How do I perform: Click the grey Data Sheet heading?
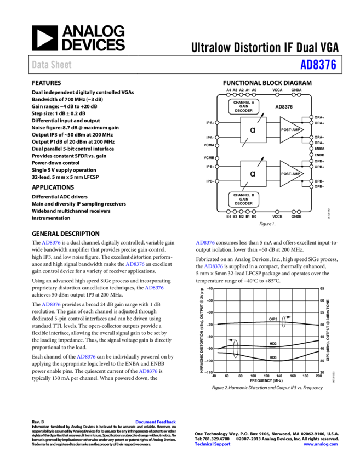tap(52, 65)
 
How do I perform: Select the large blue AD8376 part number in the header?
tap(318, 65)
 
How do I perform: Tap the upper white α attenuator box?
tap(253, 130)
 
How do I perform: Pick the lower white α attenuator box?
tap(253, 174)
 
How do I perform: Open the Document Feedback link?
tap(156, 422)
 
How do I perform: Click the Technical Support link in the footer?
tap(213, 444)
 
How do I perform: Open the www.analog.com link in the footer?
tap(321, 444)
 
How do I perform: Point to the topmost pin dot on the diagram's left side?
tap(217, 123)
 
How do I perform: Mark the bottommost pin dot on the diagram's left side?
tap(217, 181)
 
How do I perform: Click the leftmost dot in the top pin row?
tap(228, 95)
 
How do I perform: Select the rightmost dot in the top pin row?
tap(299, 95)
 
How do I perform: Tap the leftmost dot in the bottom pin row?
tap(228, 212)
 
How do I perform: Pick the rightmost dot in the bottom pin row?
tap(299, 212)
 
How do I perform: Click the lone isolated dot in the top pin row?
tap(277, 95)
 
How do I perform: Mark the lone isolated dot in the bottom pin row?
tap(277, 212)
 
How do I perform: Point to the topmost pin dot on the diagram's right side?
tap(311, 117)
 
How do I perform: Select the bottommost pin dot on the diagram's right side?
tap(311, 187)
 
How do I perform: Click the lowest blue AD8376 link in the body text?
tap(148, 371)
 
